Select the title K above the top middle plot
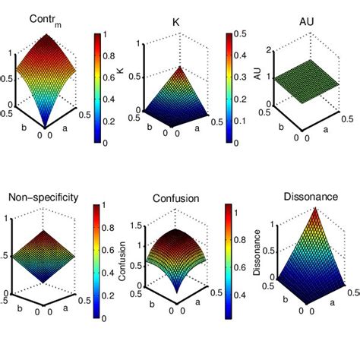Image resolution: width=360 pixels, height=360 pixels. point(171,19)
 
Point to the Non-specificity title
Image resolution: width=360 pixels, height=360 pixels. point(43,198)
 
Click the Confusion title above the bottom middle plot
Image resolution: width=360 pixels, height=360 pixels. point(174,199)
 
